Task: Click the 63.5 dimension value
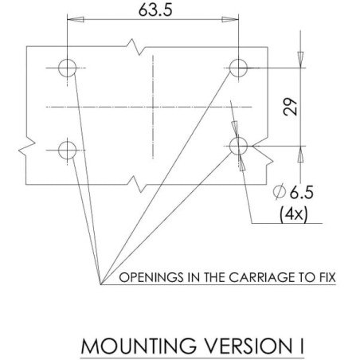[x=155, y=10]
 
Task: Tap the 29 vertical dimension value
[x=290, y=107]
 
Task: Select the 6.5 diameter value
[x=301, y=192]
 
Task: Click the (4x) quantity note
[x=294, y=213]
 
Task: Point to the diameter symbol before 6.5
[x=280, y=192]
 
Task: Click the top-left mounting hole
[x=68, y=68]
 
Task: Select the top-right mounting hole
[x=238, y=68]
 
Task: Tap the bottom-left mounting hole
[x=68, y=151]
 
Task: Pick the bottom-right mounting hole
[x=238, y=146]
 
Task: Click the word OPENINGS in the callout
[x=151, y=277]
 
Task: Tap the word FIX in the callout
[x=326, y=277]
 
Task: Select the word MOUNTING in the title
[x=139, y=346]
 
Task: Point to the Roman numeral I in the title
[x=302, y=346]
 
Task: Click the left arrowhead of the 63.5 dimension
[x=76, y=19]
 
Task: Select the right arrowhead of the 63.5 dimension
[x=230, y=19]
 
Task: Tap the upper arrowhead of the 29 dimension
[x=300, y=60]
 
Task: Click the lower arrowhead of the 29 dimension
[x=300, y=154]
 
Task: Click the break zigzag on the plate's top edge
[x=135, y=47]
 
